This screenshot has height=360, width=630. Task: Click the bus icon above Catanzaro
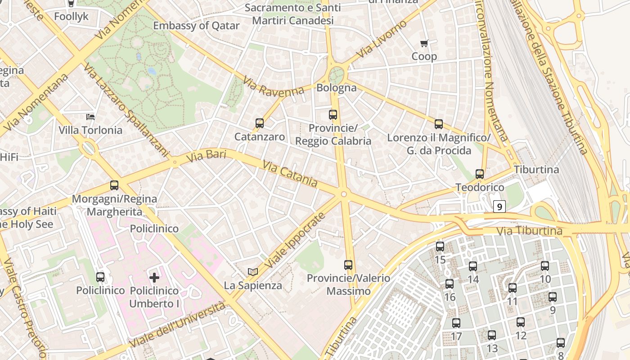[x=259, y=123]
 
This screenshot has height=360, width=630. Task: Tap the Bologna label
[x=337, y=88]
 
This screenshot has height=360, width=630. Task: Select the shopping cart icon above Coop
[x=424, y=44]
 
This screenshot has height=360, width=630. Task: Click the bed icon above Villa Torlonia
[x=90, y=117]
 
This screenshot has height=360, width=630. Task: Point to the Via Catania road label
[x=290, y=174]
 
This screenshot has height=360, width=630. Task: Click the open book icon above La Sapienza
[x=253, y=272]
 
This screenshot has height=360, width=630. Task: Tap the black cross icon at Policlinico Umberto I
[x=154, y=277]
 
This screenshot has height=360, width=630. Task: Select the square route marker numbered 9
[x=499, y=207]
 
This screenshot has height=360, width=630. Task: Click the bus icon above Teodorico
[x=480, y=174]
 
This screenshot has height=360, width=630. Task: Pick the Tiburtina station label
[x=536, y=170]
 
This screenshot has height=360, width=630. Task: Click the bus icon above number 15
[x=440, y=247]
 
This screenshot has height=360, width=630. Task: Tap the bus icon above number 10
[x=545, y=266]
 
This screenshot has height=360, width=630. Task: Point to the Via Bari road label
[x=206, y=156]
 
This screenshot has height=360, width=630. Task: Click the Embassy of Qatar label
[x=196, y=26]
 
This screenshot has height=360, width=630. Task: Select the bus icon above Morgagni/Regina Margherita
[x=114, y=185]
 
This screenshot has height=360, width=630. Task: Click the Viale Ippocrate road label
[x=294, y=242]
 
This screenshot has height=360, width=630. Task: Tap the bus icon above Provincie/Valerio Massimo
[x=348, y=265]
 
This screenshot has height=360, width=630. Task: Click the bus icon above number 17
[x=456, y=323]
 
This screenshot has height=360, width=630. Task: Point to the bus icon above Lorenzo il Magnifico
[x=439, y=124]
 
